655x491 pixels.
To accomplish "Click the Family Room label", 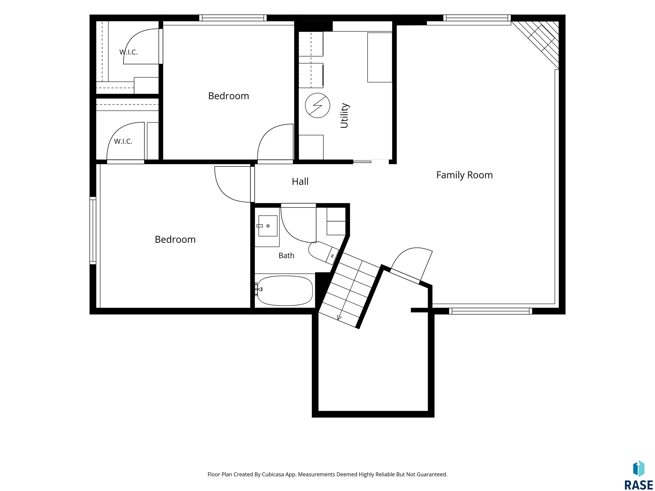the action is [464, 175].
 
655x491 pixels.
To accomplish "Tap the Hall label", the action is [300, 181].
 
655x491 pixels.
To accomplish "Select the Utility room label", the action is [344, 116].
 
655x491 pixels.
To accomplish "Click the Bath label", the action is [286, 256].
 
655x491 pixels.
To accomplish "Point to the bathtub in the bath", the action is [285, 291].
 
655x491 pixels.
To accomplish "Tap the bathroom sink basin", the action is [268, 226].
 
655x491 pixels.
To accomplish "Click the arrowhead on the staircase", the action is [339, 317].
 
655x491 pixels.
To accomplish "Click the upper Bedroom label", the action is [228, 96].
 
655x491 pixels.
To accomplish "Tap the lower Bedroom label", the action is [175, 240].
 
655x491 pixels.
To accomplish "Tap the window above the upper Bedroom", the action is [233, 18].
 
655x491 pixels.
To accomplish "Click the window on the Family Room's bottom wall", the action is [490, 311].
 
